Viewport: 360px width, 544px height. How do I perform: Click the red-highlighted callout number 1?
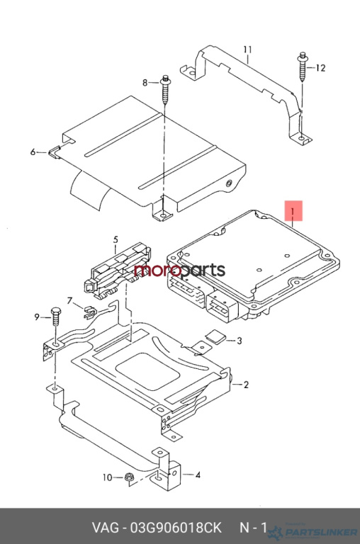pyautogui.click(x=293, y=210)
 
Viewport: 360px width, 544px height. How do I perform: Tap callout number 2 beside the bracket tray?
pyautogui.click(x=246, y=385)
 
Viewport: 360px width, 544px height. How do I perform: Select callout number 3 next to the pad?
pyautogui.click(x=240, y=341)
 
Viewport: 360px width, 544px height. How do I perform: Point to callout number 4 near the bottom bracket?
pyautogui.click(x=198, y=475)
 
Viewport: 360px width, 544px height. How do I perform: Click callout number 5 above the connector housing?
pyautogui.click(x=116, y=239)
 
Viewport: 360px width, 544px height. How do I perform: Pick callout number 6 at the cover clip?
pyautogui.click(x=33, y=152)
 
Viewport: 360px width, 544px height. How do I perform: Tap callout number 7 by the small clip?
pyautogui.click(x=69, y=300)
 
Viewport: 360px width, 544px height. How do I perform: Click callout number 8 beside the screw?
pyautogui.click(x=145, y=83)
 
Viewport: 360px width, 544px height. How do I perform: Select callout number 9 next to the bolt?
pyautogui.click(x=37, y=317)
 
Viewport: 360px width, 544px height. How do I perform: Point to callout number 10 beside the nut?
pyautogui.click(x=108, y=477)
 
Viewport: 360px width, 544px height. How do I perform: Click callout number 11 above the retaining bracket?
pyautogui.click(x=247, y=50)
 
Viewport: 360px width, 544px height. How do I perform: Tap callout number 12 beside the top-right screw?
pyautogui.click(x=320, y=68)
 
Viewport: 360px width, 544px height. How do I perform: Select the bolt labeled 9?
pyautogui.click(x=55, y=316)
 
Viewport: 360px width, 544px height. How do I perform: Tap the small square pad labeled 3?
pyautogui.click(x=215, y=336)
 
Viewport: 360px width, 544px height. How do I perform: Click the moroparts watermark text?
pyautogui.click(x=179, y=271)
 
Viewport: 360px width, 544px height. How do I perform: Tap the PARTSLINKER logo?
pyautogui.click(x=313, y=531)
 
